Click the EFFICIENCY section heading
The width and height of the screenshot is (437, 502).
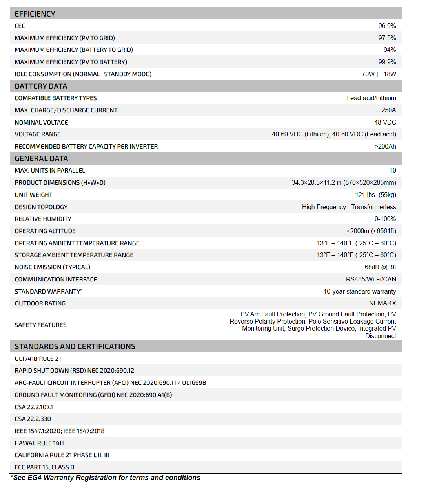(35, 14)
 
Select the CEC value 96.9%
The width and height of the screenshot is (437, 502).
(387, 26)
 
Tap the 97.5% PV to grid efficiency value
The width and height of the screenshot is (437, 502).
(387, 38)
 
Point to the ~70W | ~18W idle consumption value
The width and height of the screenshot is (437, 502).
(377, 74)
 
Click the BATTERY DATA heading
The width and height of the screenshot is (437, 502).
(41, 86)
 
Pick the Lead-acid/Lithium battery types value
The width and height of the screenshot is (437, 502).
(371, 98)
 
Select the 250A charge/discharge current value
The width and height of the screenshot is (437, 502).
(388, 110)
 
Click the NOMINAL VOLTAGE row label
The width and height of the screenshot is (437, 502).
(41, 123)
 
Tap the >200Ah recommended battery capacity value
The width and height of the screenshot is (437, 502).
(385, 147)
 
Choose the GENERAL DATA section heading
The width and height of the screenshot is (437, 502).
(41, 158)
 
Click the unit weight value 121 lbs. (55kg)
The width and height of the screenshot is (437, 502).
(375, 195)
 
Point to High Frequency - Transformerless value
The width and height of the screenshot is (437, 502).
(349, 207)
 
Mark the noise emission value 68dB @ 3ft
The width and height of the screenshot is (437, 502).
(380, 267)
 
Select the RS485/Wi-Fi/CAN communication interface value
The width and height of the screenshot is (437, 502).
(371, 280)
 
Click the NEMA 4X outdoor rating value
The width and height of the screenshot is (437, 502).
(382, 303)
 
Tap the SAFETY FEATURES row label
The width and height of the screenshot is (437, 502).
(40, 325)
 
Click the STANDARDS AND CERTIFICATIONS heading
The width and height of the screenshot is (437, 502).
(75, 346)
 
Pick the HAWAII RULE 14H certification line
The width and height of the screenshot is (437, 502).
(39, 443)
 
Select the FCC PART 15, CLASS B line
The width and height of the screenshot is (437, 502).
(44, 467)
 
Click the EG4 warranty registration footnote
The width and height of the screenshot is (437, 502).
(106, 478)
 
